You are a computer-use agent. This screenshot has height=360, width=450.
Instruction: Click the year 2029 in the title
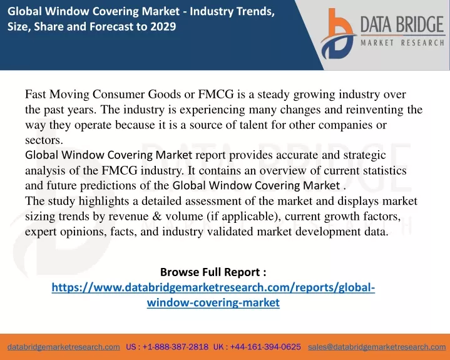(163, 26)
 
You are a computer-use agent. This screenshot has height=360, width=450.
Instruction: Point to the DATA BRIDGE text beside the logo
(402, 24)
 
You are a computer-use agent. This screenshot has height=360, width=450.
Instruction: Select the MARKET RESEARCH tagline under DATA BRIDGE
(402, 43)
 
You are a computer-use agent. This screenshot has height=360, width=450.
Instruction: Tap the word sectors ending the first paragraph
(44, 140)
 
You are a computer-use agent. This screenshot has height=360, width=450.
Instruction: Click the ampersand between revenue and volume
(157, 216)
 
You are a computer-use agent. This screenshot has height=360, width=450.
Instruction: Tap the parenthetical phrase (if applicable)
(243, 217)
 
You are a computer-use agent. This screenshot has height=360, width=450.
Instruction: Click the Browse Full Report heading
(213, 272)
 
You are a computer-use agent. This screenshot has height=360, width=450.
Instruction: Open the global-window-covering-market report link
(213, 295)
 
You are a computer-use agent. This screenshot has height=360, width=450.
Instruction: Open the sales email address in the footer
(377, 347)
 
